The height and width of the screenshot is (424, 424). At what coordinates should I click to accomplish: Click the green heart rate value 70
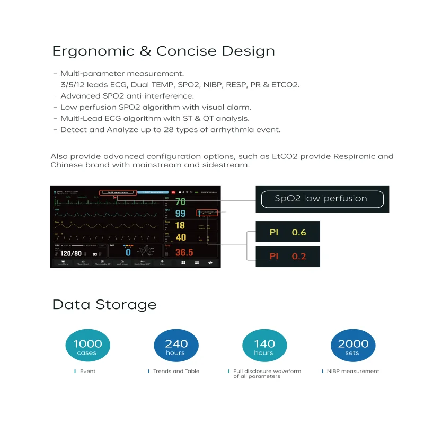[x=181, y=201]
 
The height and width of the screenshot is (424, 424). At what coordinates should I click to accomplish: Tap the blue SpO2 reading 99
[x=181, y=213]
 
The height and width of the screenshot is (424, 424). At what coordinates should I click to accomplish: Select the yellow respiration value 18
[x=180, y=225]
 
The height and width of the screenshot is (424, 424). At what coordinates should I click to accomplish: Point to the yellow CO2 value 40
[x=181, y=237]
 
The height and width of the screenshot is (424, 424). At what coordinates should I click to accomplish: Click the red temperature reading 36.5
[x=184, y=252]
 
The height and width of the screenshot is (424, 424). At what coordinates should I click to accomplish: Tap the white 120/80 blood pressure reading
[x=70, y=254]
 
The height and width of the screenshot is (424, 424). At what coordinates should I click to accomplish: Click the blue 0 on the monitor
[x=128, y=253]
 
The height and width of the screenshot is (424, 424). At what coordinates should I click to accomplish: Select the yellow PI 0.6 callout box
[x=288, y=232]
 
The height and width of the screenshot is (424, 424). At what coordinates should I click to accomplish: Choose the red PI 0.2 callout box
[x=288, y=256]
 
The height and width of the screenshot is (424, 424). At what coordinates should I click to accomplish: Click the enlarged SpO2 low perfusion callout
[x=322, y=199]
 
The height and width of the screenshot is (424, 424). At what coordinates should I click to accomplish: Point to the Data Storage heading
[x=104, y=305]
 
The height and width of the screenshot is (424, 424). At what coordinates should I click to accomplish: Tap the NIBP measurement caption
[x=352, y=371]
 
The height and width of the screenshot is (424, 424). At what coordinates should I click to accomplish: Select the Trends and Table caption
[x=176, y=371]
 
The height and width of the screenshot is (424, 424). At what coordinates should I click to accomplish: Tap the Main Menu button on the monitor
[x=63, y=263]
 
